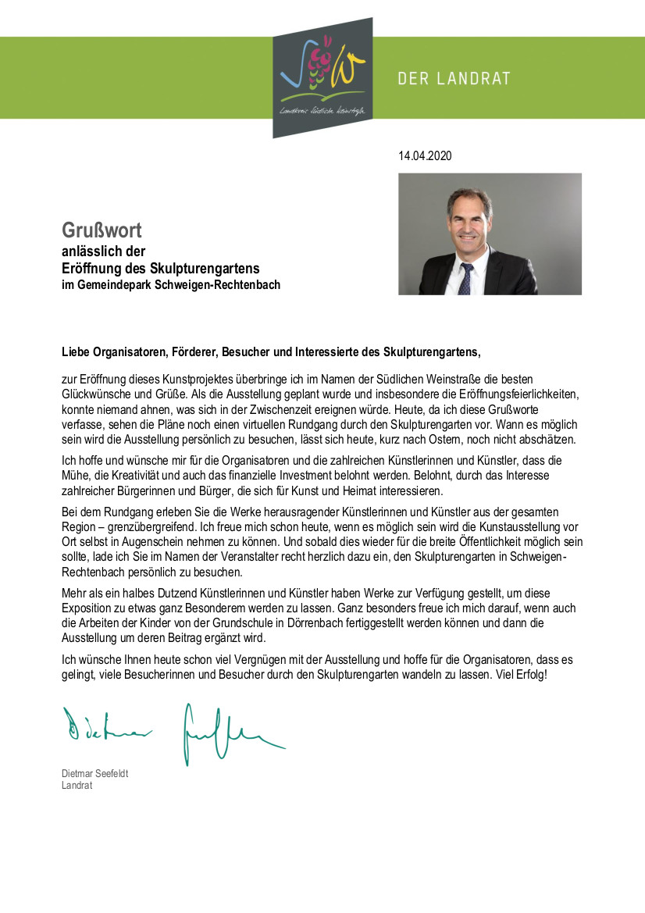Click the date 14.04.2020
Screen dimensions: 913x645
pos(425,156)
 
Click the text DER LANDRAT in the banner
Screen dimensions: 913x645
pos(454,79)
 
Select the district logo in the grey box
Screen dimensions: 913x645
pos(322,77)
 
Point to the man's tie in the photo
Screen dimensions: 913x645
pos(465,279)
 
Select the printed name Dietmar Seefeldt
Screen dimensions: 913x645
pos(95,773)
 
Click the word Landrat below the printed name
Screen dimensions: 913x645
pos(77,785)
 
